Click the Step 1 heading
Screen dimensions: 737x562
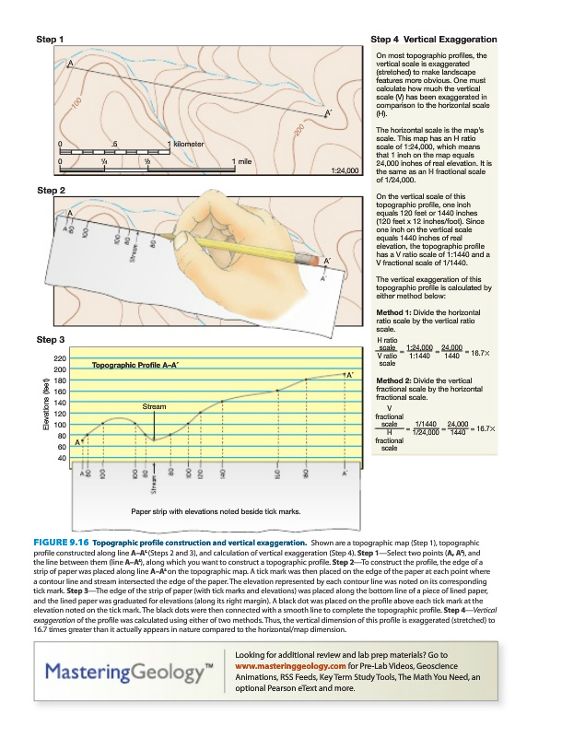49,40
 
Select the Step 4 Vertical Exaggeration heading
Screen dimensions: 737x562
433,40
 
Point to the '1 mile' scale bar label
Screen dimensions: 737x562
241,161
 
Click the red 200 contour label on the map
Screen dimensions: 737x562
299,132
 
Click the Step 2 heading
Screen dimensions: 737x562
49,191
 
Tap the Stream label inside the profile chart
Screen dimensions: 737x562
154,405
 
